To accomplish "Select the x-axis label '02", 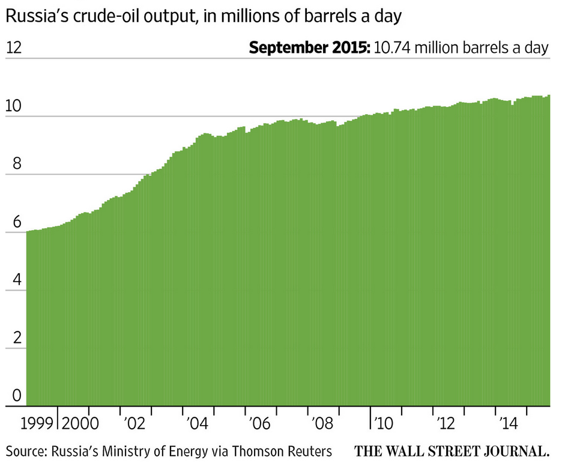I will pos(136,423).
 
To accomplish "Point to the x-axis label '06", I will pos(261,423).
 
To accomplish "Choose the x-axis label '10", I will pos(385,423).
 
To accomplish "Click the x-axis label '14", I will pos(509,423).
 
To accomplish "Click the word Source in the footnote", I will pos(25,450).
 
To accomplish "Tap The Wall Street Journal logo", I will pos(452,451).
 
